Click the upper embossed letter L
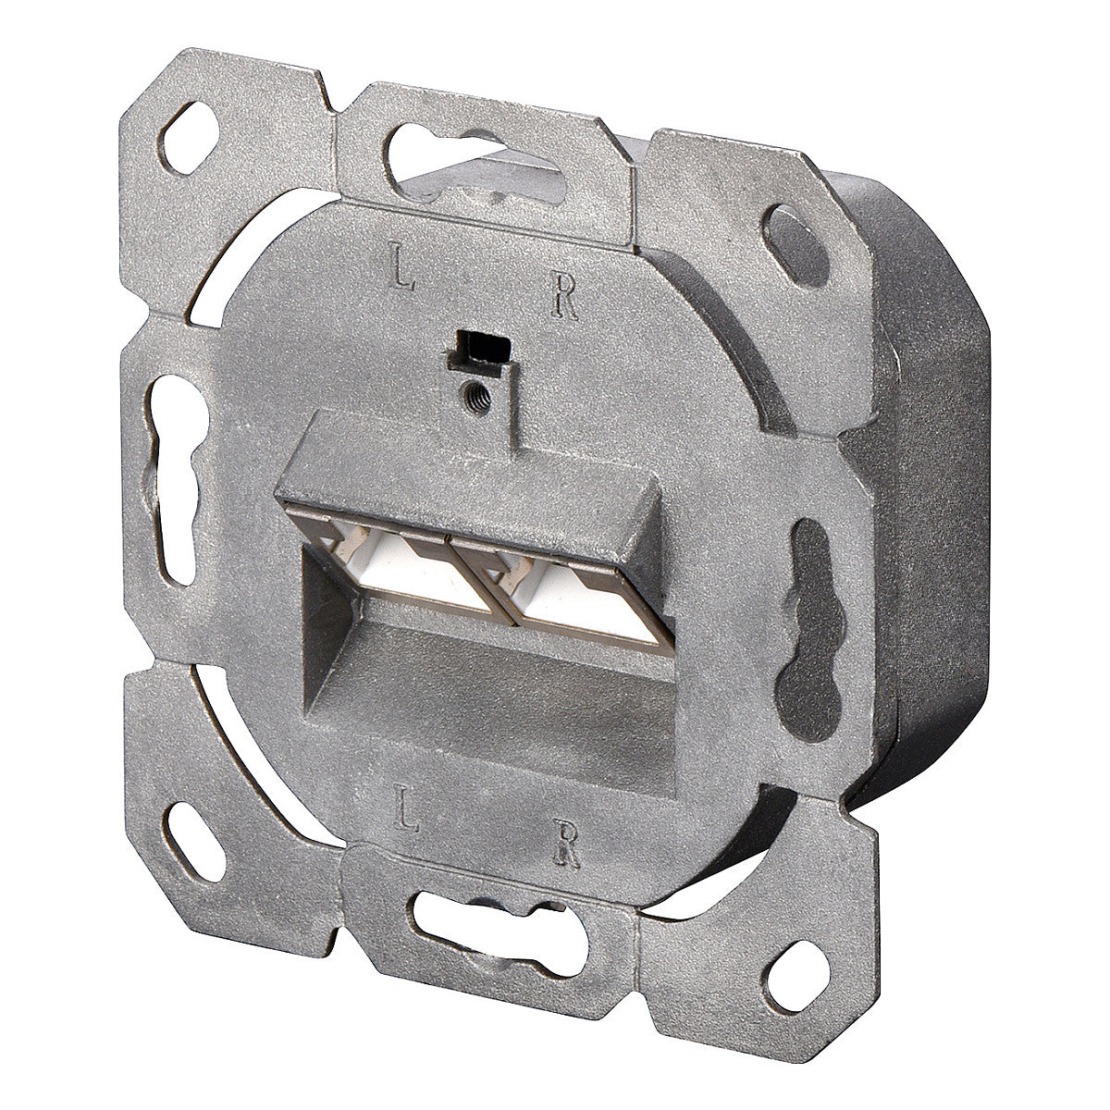[x=402, y=265]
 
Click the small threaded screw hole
[x=478, y=397]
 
